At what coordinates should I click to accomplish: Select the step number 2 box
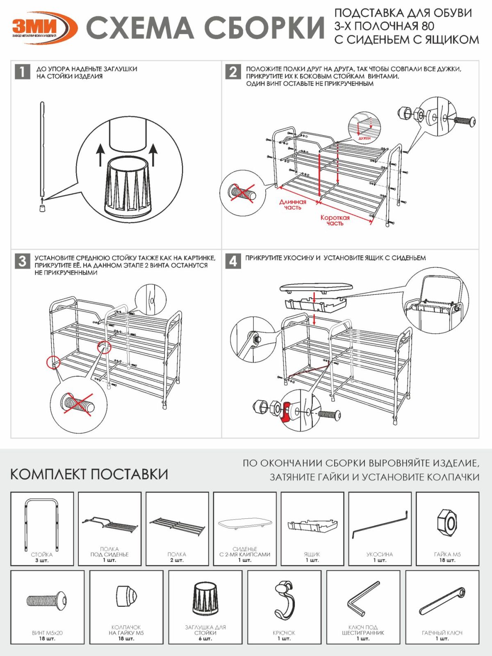point(233,72)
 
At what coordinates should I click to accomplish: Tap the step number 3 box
point(22,261)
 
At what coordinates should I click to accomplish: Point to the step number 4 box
point(233,261)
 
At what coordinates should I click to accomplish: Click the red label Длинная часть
point(292,204)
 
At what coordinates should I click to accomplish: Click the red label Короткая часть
point(335,220)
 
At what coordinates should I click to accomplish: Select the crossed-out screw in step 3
point(78,405)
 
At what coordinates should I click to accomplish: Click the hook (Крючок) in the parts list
point(284,599)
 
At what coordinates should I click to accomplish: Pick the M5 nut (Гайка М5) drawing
point(447,523)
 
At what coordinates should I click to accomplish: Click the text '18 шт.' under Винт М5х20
point(47,638)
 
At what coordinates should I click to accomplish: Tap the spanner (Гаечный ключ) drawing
point(442,601)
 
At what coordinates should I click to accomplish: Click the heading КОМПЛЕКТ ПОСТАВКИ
point(89,474)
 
